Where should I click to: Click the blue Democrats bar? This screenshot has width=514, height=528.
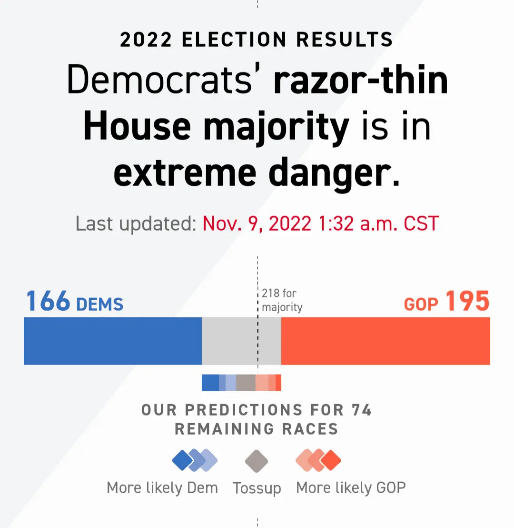(x=113, y=341)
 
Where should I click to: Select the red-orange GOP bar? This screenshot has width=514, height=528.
(x=385, y=341)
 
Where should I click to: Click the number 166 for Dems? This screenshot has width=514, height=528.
(x=48, y=301)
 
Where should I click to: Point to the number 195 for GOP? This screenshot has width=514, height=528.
(x=467, y=301)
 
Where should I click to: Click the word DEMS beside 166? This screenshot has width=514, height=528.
(x=99, y=304)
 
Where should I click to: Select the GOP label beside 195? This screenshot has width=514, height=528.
(x=421, y=304)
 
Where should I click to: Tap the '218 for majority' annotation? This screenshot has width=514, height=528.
(x=282, y=300)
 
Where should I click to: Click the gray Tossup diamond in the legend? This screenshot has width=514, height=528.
(x=257, y=461)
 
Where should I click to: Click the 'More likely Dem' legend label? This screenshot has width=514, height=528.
(x=162, y=488)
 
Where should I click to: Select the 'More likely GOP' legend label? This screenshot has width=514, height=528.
(x=351, y=488)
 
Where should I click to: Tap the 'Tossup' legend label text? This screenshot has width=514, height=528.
(x=257, y=488)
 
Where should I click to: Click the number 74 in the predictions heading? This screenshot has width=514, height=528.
(x=362, y=410)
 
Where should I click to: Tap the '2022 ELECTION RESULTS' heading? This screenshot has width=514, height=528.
(x=257, y=40)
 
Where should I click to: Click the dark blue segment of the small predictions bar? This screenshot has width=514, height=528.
(x=210, y=383)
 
